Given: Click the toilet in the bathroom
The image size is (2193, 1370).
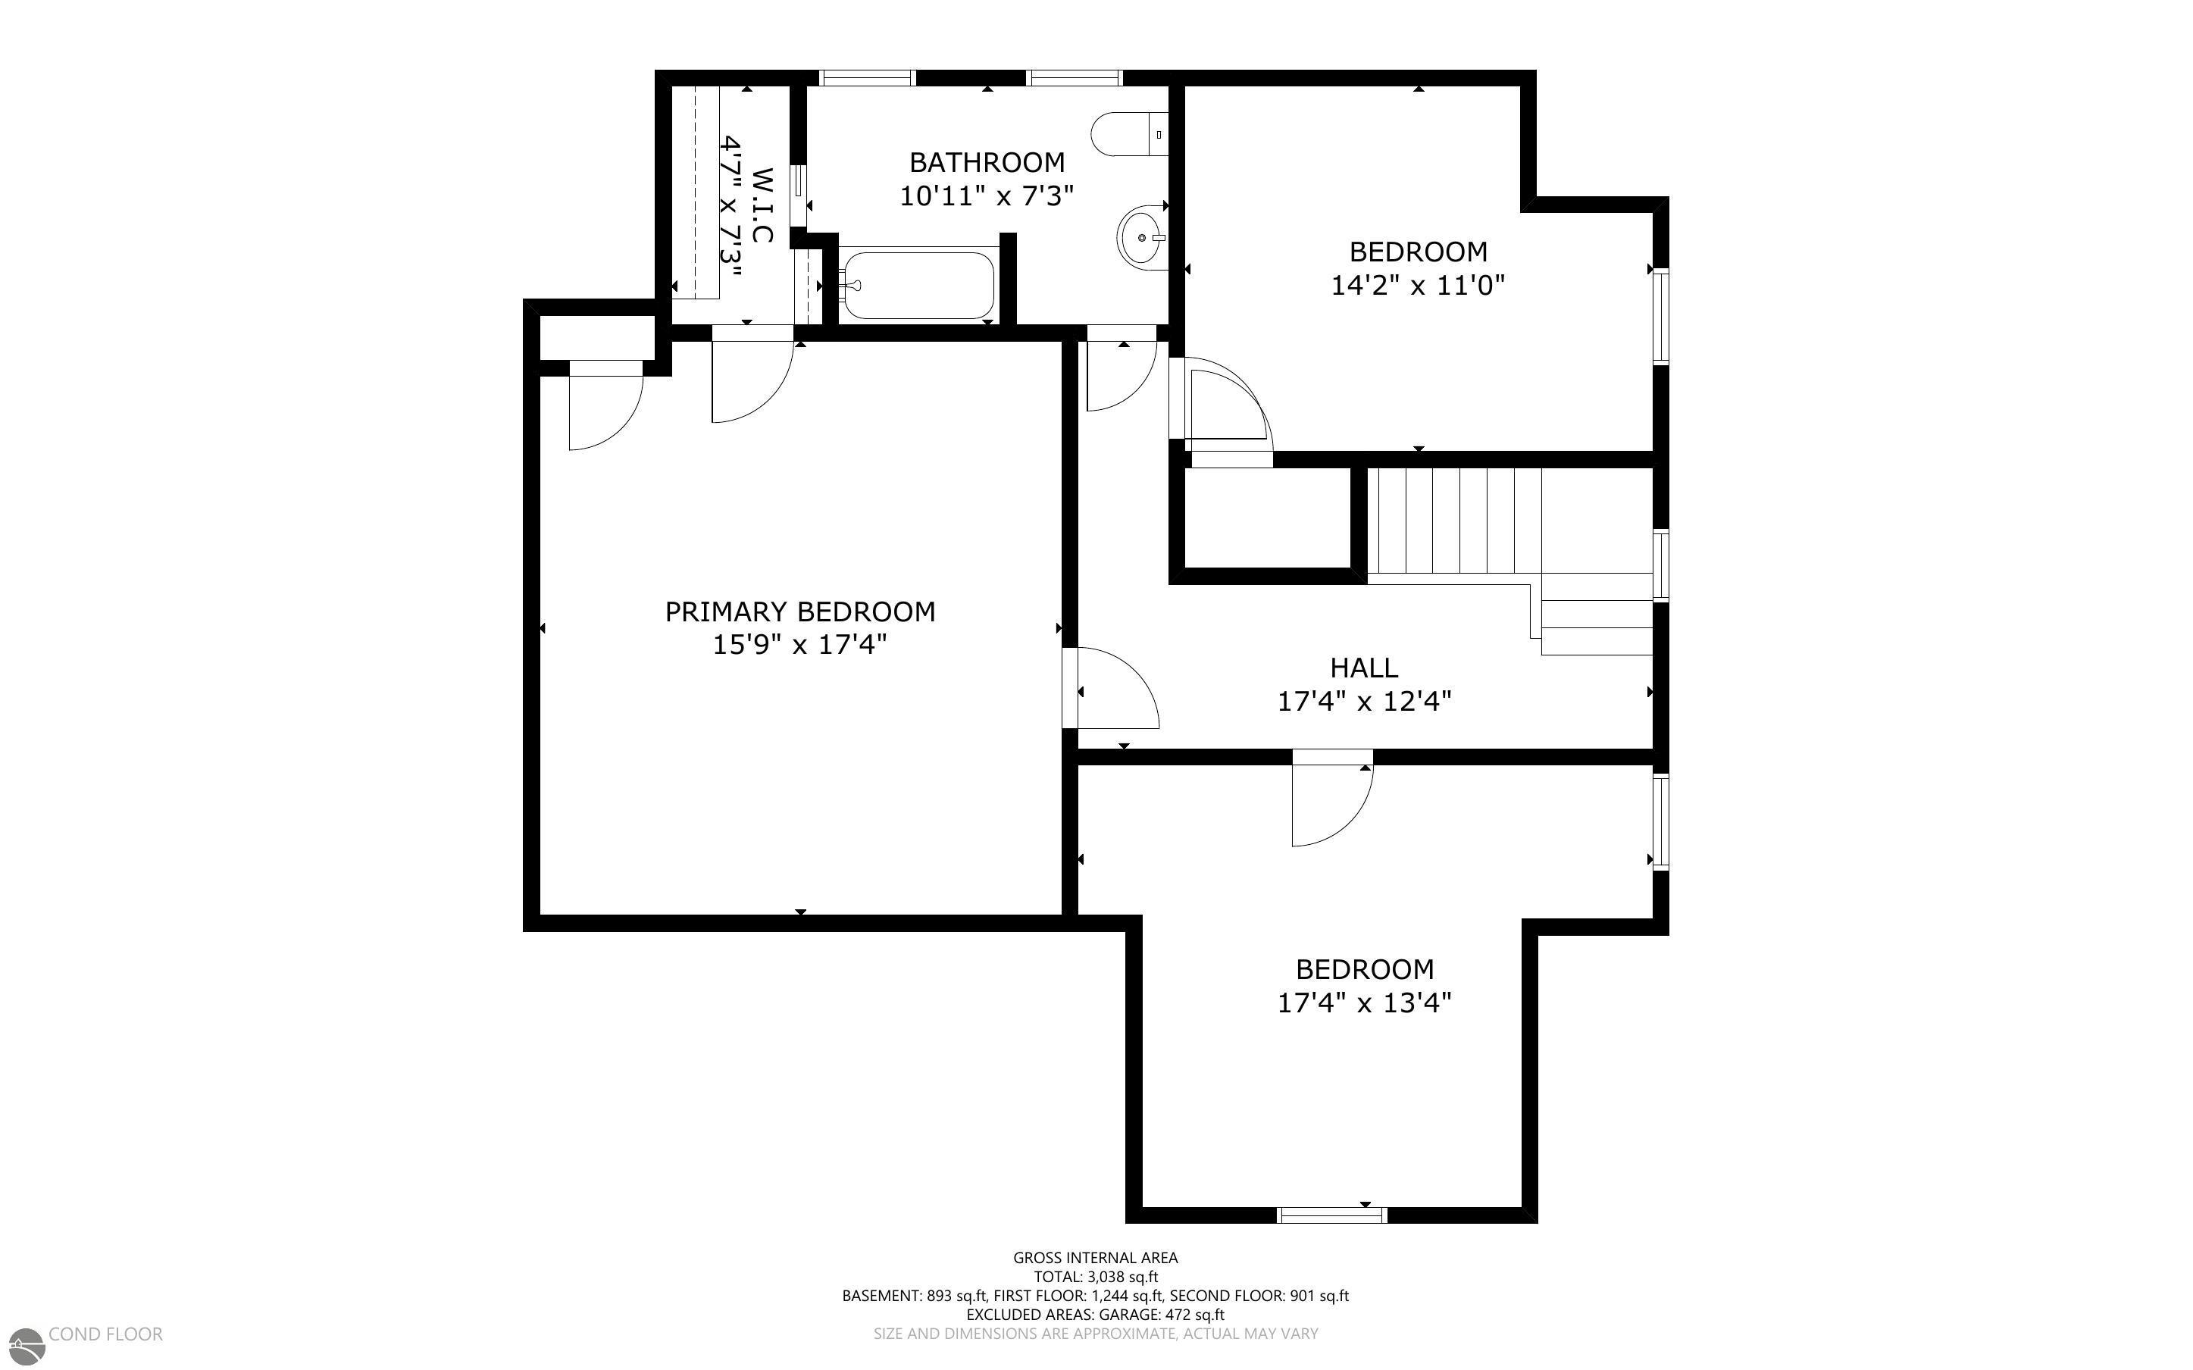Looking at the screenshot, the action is tap(1130, 134).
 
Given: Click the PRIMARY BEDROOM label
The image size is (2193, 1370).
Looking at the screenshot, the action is tap(800, 611).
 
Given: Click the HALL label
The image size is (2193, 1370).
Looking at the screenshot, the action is tap(1363, 668).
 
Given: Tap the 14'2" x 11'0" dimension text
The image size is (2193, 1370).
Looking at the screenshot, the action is tap(1418, 286).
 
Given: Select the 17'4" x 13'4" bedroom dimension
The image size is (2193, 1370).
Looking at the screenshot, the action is tap(1364, 1003).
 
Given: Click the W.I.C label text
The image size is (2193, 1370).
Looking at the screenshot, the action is tap(762, 205).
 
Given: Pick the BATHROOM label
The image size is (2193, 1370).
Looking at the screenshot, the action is tap(987, 162).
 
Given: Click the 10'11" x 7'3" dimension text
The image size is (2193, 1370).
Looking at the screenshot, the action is tap(987, 195).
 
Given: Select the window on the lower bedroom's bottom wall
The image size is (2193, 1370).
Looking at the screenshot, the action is tap(1331, 1215).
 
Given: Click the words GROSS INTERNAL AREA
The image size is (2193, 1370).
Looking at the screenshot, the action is tap(1095, 1258).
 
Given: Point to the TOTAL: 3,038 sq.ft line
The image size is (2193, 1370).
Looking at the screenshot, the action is tap(1095, 1278).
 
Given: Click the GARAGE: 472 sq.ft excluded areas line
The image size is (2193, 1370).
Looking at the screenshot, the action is tap(1095, 1315).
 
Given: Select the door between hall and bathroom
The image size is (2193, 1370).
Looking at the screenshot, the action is tap(1122, 371).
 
